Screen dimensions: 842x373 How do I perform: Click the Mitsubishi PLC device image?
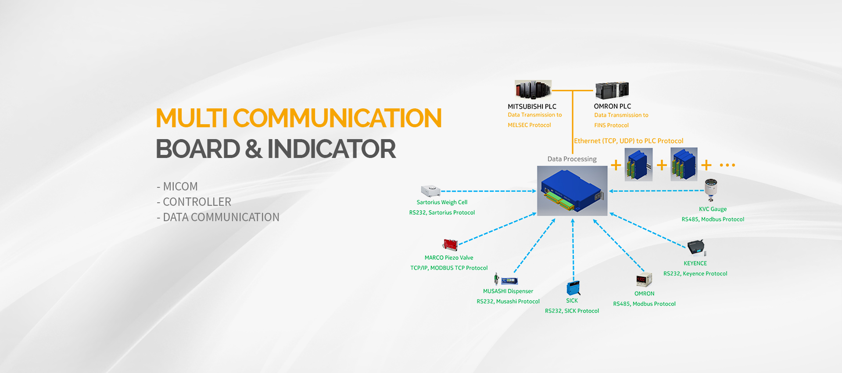coord(533,90)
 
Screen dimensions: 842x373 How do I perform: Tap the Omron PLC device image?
coord(612,90)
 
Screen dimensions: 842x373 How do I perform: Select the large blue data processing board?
coord(572,191)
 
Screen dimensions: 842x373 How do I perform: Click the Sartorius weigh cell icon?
coord(430,191)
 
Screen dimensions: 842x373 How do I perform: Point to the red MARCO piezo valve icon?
coord(450,244)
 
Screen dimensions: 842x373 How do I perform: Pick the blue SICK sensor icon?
coord(573,288)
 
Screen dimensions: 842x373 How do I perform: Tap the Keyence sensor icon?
coord(697,248)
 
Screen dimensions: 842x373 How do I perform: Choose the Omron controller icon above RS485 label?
coord(644,280)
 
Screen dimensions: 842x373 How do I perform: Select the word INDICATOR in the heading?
coord(332,149)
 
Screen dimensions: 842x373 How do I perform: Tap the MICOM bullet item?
coord(177,186)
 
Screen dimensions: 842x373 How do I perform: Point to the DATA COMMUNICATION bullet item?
coord(218,217)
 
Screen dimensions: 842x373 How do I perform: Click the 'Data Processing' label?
coord(572,159)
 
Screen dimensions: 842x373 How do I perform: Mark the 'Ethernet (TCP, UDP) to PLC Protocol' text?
coord(629,141)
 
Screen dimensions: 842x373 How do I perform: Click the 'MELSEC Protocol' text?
coord(529,125)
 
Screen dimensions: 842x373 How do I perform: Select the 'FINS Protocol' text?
coord(611,126)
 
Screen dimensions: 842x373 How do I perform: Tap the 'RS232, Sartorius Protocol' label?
coord(442,213)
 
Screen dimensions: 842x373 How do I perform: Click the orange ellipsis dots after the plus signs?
coord(727,165)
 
